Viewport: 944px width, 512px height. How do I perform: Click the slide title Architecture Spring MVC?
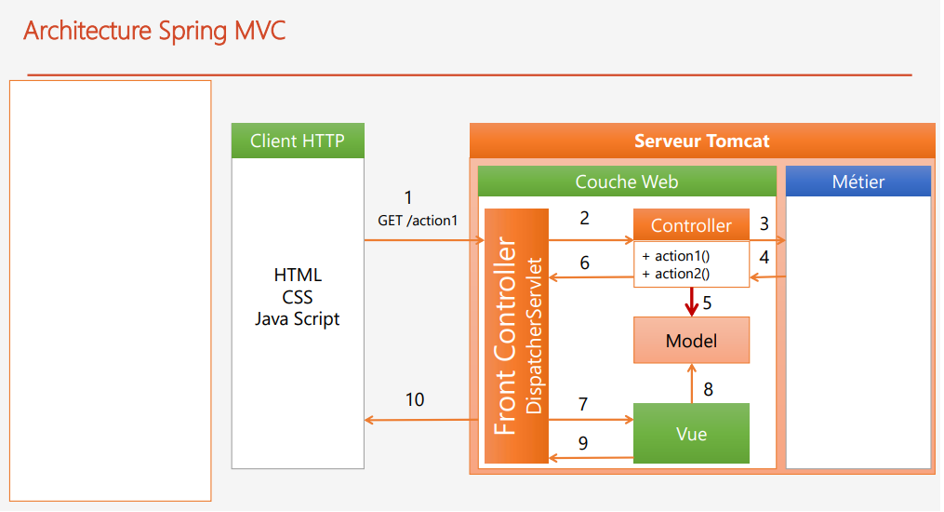tap(154, 31)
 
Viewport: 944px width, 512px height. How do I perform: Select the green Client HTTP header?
tap(297, 141)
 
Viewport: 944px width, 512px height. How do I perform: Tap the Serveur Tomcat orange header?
tap(701, 141)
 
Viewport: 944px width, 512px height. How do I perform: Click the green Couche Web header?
tap(626, 182)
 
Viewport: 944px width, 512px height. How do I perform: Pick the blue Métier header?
tap(858, 182)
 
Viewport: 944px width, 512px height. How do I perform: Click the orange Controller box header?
tap(691, 225)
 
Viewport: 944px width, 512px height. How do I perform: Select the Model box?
tap(691, 341)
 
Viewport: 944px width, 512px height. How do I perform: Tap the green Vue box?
tap(691, 434)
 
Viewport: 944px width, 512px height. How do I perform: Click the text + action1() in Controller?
tap(676, 256)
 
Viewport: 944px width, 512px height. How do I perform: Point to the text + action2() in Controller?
tap(676, 273)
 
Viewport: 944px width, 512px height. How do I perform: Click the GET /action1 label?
tap(418, 221)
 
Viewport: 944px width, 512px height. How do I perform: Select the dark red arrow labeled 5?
tap(691, 302)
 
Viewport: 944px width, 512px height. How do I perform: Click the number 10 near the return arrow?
tap(415, 399)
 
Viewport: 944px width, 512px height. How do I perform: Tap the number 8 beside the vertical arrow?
tap(709, 389)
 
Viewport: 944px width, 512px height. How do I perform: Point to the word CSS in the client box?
tap(297, 297)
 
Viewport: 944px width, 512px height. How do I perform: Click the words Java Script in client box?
tap(297, 318)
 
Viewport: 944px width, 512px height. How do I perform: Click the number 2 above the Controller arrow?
tap(584, 219)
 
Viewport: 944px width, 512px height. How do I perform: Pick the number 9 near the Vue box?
tap(583, 443)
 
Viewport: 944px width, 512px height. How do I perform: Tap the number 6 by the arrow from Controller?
tap(584, 263)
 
